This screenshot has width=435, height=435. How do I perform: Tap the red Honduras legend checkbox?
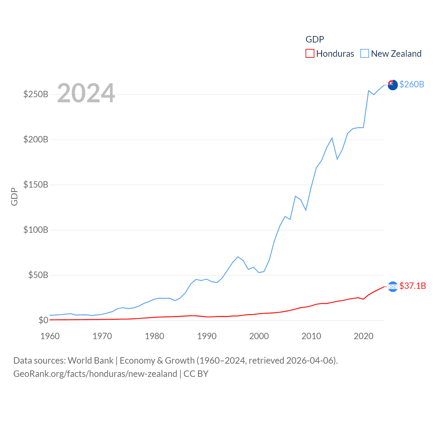click(x=310, y=53)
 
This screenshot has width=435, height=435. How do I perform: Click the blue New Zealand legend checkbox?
click(x=365, y=53)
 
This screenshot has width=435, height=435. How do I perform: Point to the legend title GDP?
click(x=315, y=39)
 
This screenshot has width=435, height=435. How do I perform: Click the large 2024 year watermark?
click(x=86, y=93)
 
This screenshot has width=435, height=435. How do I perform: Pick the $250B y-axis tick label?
click(x=36, y=94)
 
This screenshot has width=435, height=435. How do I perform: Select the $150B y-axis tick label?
click(x=36, y=185)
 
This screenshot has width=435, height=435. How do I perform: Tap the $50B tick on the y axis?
click(x=38, y=275)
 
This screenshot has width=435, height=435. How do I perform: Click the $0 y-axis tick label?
click(x=43, y=320)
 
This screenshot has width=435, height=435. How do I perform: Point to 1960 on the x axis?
click(x=50, y=336)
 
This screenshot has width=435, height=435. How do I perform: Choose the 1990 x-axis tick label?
click(x=207, y=336)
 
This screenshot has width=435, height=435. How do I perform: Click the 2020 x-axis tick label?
click(x=364, y=336)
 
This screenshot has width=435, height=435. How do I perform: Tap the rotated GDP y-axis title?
click(x=14, y=196)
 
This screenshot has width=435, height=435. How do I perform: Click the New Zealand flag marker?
click(x=393, y=85)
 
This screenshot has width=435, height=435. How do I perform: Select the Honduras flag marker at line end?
click(x=393, y=286)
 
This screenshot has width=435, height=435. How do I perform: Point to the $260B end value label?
click(x=412, y=84)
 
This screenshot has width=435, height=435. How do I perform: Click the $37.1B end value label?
click(x=413, y=286)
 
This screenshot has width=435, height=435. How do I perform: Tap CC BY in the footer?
click(x=196, y=374)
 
